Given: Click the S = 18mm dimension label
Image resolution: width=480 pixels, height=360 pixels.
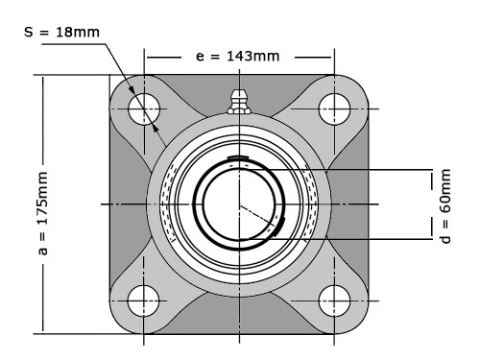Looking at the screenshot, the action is click(x=61, y=32).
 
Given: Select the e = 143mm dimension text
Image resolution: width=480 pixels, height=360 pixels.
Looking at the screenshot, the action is click(x=238, y=57).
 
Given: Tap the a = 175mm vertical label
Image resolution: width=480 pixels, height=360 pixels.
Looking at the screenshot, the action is click(x=43, y=213).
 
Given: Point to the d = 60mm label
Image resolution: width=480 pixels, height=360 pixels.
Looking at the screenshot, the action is click(x=445, y=206).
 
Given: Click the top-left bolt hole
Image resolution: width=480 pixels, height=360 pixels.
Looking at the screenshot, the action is click(x=144, y=108).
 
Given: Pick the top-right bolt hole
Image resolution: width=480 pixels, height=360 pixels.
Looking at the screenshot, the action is click(x=335, y=108).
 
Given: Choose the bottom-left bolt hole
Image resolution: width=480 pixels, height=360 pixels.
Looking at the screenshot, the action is click(x=143, y=300).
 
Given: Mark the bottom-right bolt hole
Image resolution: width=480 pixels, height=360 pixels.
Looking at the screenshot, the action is click(x=335, y=300).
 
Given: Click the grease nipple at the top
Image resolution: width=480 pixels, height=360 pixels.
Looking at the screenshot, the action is click(x=239, y=102).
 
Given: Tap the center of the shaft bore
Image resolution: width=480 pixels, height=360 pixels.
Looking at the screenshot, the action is click(x=239, y=204).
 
